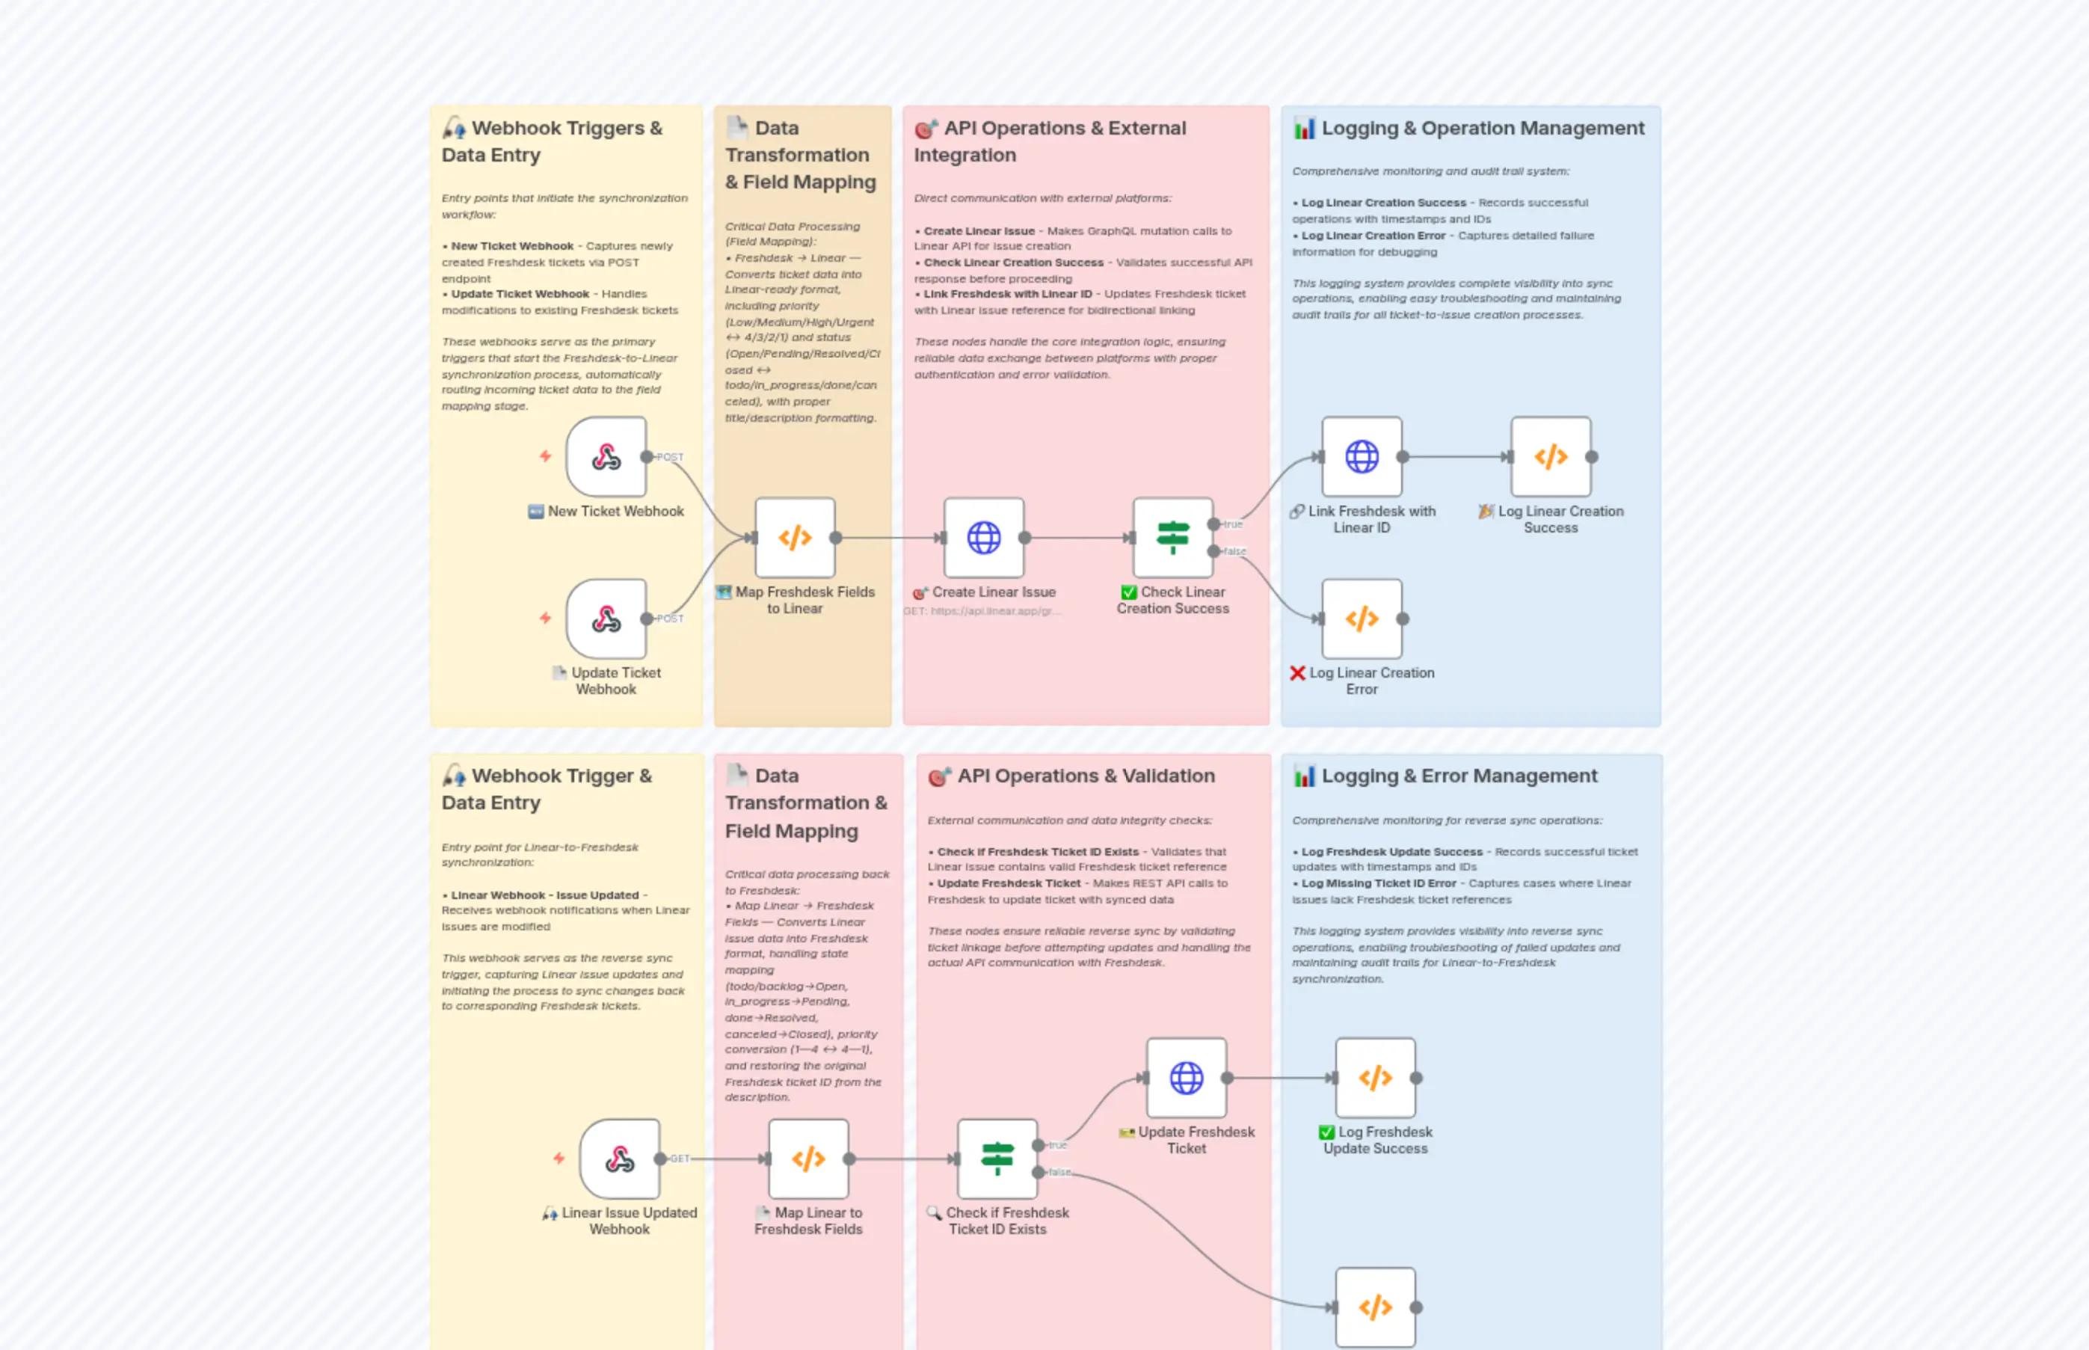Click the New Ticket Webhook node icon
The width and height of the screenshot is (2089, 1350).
[606, 457]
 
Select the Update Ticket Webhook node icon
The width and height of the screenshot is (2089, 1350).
[606, 619]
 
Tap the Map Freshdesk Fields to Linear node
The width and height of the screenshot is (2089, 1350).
[795, 537]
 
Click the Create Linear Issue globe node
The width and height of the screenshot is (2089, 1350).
[983, 537]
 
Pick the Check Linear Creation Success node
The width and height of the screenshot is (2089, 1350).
[1172, 537]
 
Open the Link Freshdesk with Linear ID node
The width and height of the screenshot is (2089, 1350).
[1361, 457]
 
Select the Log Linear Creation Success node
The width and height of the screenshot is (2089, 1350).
[1550, 457]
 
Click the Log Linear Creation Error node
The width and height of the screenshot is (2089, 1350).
[1361, 619]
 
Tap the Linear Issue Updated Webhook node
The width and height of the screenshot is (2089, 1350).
[620, 1159]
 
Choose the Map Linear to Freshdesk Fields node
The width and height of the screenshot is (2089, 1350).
[808, 1159]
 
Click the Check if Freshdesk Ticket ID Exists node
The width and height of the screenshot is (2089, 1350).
[997, 1159]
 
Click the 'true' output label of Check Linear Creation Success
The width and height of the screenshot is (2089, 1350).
[1233, 524]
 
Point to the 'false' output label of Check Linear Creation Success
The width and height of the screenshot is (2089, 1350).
[1234, 551]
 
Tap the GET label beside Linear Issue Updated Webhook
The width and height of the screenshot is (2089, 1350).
[680, 1159]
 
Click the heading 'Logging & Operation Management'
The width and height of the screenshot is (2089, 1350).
[1483, 128]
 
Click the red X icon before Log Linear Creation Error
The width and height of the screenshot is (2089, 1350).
[1297, 673]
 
